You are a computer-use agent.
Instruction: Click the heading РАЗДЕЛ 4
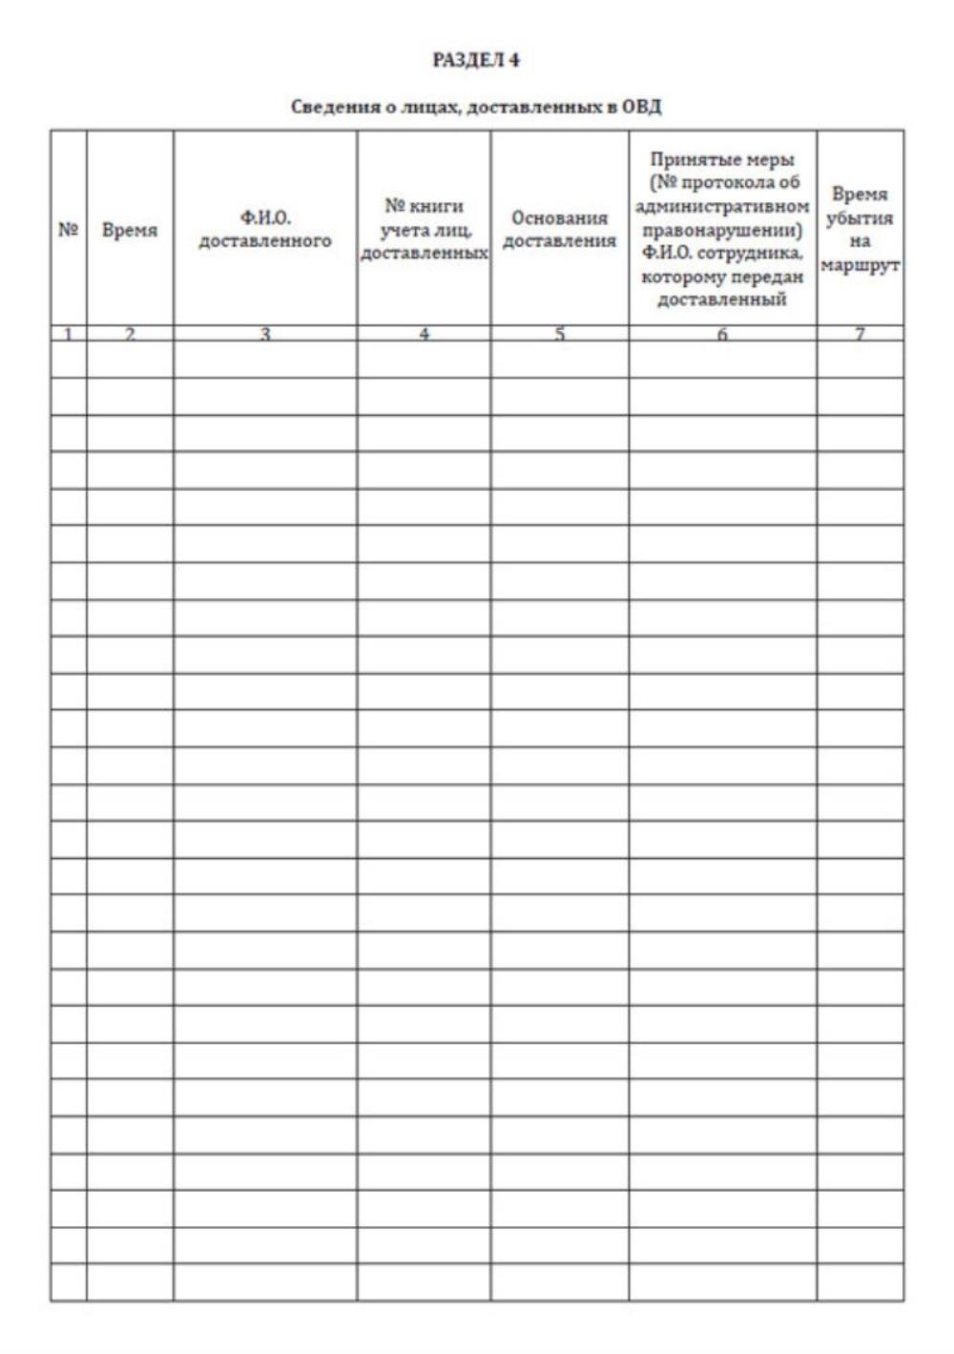pyautogui.click(x=476, y=60)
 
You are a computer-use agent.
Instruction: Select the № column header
pyautogui.click(x=68, y=230)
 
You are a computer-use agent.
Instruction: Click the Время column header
pyautogui.click(x=130, y=230)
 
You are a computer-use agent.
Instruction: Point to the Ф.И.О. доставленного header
pyautogui.click(x=265, y=230)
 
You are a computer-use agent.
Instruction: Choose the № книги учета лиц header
pyautogui.click(x=424, y=230)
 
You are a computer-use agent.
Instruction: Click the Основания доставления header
pyautogui.click(x=559, y=230)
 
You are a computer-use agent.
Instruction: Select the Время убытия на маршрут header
pyautogui.click(x=860, y=230)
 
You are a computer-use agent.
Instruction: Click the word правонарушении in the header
pyautogui.click(x=722, y=230)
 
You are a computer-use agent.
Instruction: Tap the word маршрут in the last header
pyautogui.click(x=860, y=265)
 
